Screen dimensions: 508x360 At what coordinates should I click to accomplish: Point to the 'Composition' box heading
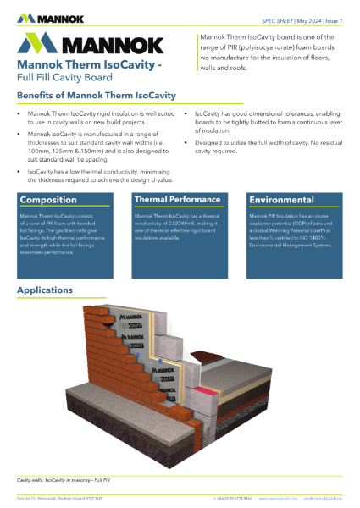pyautogui.click(x=48, y=200)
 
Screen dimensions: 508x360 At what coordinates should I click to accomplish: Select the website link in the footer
pyautogui.click(x=279, y=500)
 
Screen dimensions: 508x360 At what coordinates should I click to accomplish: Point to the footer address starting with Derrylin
pyautogui.click(x=55, y=500)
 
